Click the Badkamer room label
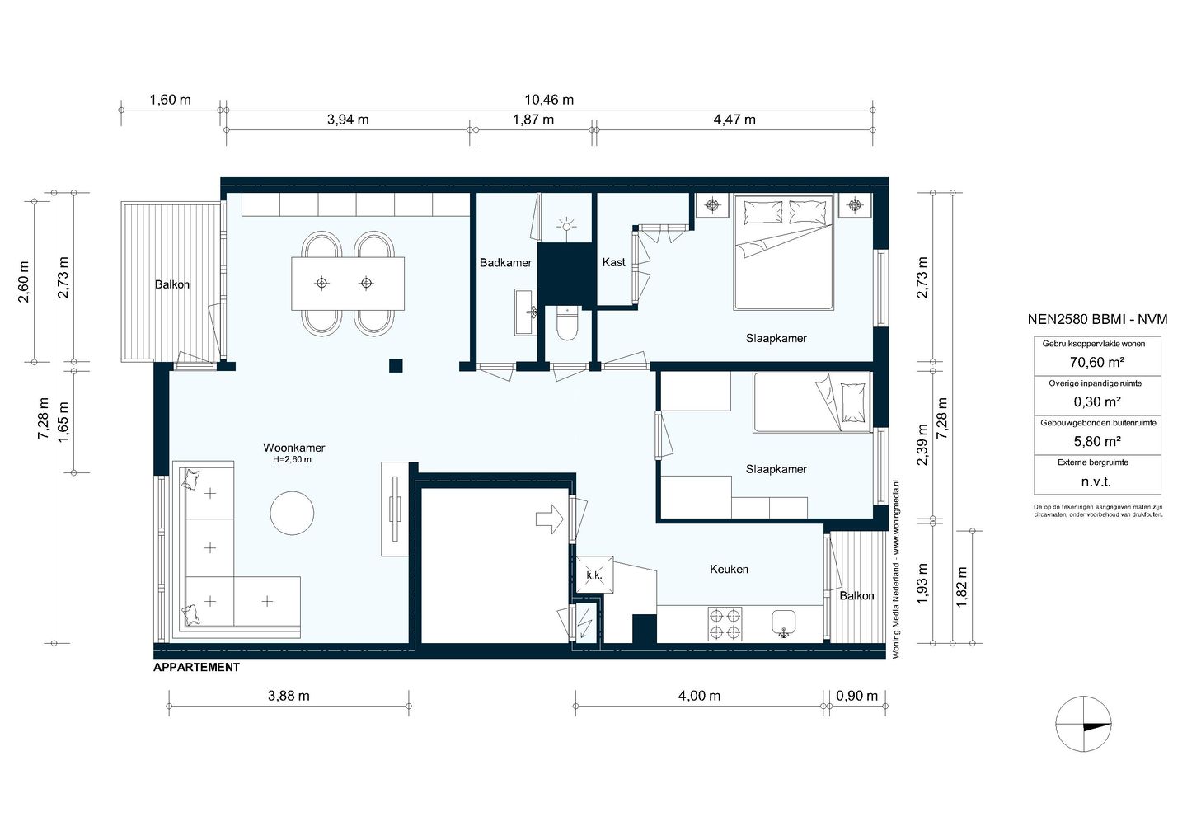[x=505, y=262]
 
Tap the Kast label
[x=613, y=262]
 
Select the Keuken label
[x=730, y=569]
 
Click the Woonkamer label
[x=294, y=448]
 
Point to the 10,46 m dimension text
[x=549, y=100]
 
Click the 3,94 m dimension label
[x=348, y=120]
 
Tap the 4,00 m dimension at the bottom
[x=700, y=696]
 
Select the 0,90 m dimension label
[x=857, y=696]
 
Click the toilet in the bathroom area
[x=567, y=323]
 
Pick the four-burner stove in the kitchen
[x=725, y=624]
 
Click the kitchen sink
[x=784, y=624]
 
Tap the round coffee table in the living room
[x=292, y=513]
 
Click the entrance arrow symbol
[x=550, y=519]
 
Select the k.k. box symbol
[x=594, y=575]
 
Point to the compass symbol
[x=1083, y=724]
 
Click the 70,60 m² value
[x=1097, y=363]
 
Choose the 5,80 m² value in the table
[x=1097, y=442]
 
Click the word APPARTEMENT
[x=196, y=667]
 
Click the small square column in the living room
[x=396, y=366]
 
